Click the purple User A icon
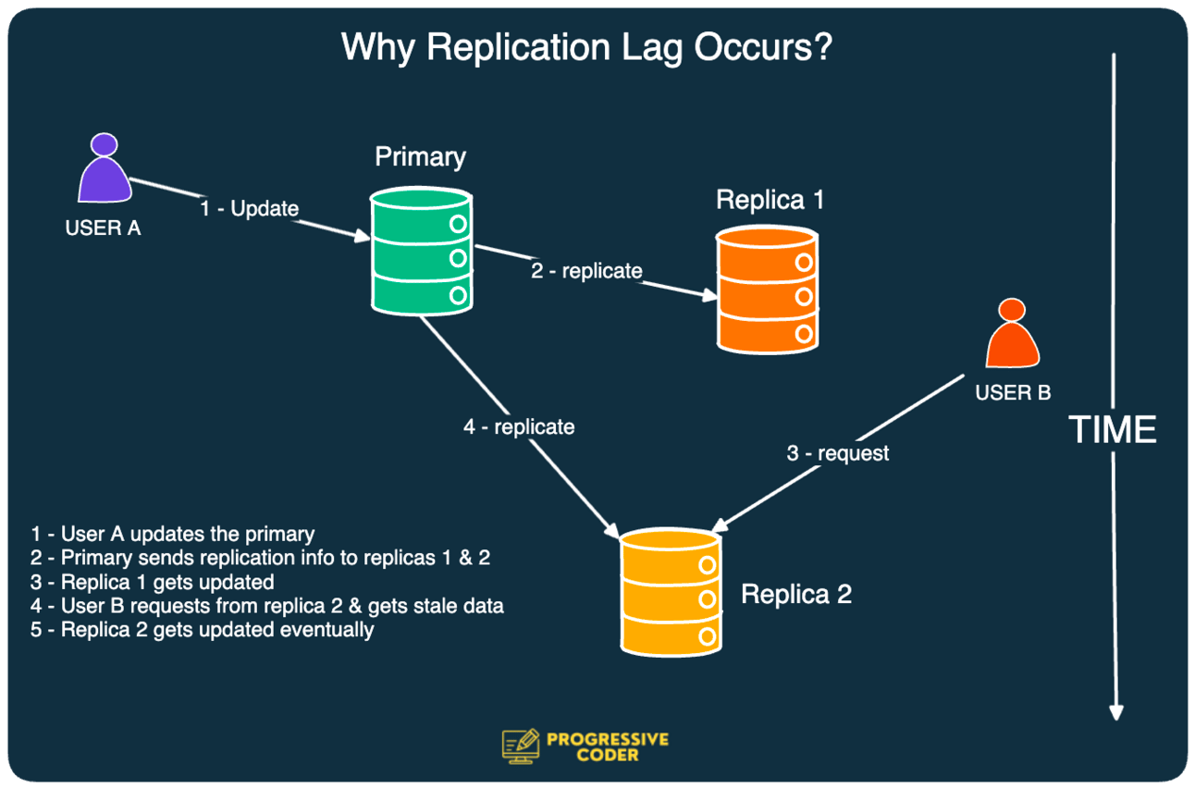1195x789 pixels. [x=105, y=171]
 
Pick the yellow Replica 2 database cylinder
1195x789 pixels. [x=671, y=591]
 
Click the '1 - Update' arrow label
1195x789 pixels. [x=250, y=209]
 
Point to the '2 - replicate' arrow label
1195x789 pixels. [x=586, y=271]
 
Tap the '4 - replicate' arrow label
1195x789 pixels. [x=519, y=427]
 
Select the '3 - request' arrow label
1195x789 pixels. [x=838, y=453]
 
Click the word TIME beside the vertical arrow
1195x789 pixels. [x=1113, y=430]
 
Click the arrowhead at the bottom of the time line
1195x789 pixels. [x=1116, y=711]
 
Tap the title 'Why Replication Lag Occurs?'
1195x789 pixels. [x=587, y=47]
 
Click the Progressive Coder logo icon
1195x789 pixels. [x=520, y=746]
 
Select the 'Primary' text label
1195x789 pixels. [x=420, y=156]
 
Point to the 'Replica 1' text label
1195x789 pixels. [x=770, y=200]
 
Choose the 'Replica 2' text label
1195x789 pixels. [x=796, y=594]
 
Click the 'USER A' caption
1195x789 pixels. [x=103, y=228]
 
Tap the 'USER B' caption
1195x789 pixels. [x=1013, y=393]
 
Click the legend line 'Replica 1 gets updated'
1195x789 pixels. [x=153, y=582]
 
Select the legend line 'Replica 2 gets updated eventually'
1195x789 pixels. [x=203, y=630]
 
